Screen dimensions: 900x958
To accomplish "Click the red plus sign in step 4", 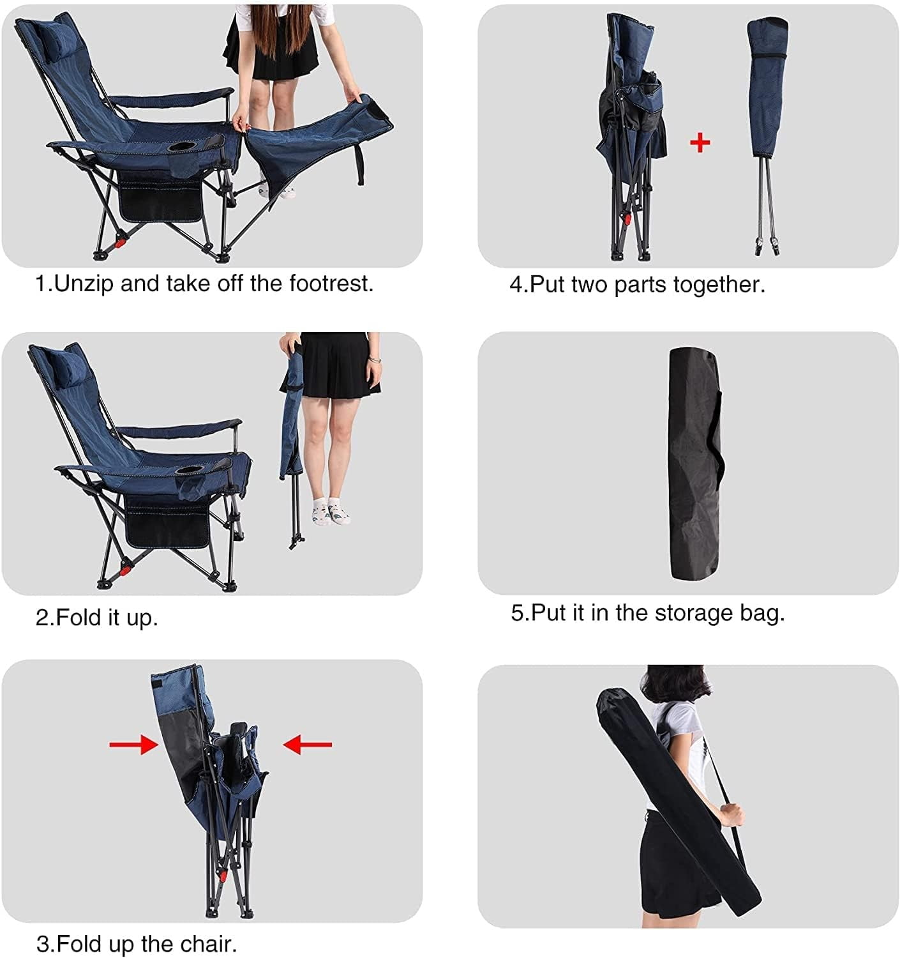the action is point(700,142).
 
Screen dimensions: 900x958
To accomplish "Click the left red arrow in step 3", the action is point(133,744).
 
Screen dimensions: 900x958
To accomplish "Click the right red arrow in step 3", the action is point(307,744).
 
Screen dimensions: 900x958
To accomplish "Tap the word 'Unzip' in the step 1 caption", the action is point(84,284).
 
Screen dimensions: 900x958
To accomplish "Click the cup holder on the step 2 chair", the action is point(190,470).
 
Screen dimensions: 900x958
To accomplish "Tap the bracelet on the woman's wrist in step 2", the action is point(374,360).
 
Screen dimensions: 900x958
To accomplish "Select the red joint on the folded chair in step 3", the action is point(222,876).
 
